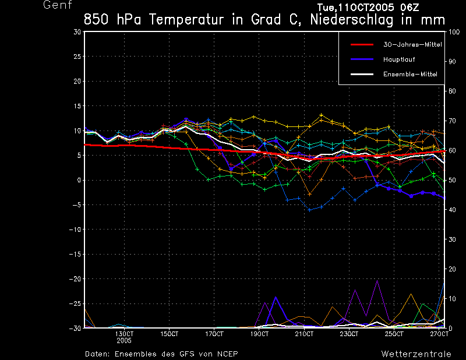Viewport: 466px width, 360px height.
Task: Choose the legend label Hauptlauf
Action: click(398, 59)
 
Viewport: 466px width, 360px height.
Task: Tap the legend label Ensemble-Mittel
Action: click(410, 74)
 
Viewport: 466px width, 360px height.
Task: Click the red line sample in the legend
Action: click(361, 44)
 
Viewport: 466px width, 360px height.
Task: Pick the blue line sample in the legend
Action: click(361, 59)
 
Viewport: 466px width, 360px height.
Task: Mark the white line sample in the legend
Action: click(361, 74)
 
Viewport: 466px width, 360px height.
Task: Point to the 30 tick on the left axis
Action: click(77, 32)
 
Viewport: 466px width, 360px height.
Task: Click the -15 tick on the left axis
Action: click(75, 255)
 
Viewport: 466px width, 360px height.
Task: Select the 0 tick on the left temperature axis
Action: click(79, 181)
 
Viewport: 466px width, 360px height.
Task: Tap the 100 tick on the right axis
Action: click(453, 32)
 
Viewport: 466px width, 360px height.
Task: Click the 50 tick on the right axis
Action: click(451, 180)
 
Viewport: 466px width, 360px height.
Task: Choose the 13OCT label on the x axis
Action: click(124, 334)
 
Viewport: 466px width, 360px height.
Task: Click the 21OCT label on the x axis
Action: click(305, 334)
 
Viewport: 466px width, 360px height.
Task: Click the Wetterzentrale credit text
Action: click(416, 354)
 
